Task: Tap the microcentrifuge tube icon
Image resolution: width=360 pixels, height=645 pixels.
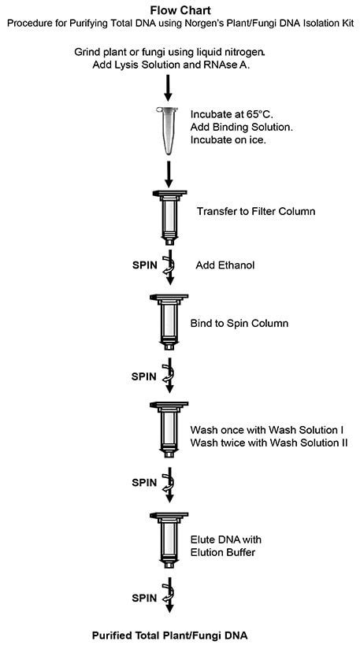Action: tap(167, 128)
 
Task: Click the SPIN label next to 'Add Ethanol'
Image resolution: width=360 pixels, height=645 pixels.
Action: tap(143, 265)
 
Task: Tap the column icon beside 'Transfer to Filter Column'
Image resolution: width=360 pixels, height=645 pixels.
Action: tap(167, 213)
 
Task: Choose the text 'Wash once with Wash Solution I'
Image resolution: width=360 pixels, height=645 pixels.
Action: tap(259, 430)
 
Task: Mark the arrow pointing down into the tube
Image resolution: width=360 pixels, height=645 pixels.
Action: tap(167, 87)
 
